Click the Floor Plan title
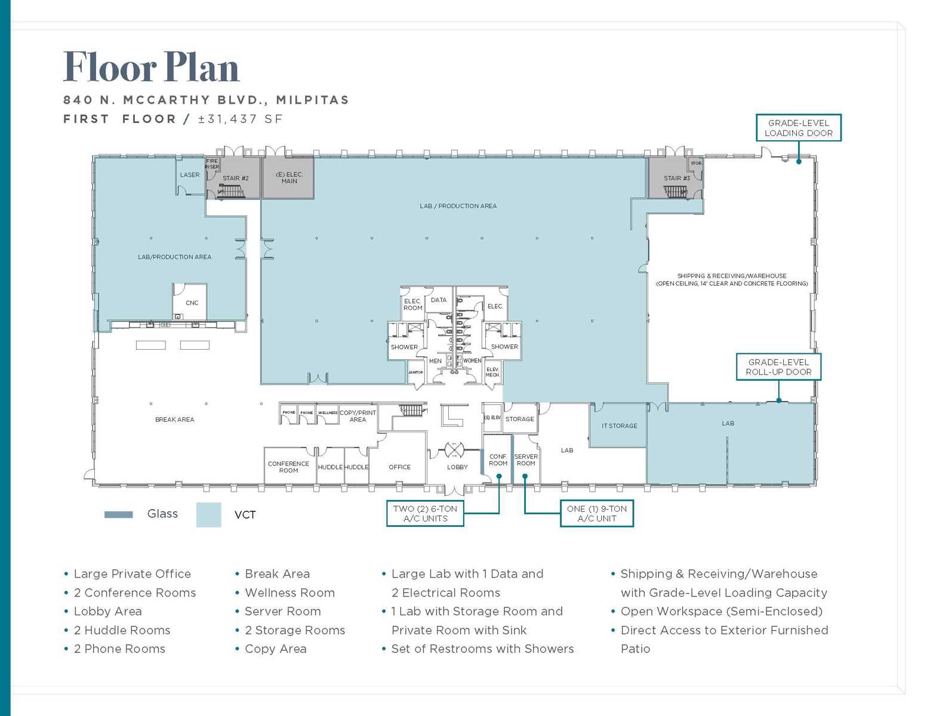tap(151, 67)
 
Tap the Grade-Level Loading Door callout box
tap(798, 128)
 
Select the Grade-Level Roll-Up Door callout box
tap(778, 367)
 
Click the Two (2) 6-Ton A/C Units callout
tap(425, 513)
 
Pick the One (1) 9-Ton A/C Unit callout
tap(596, 513)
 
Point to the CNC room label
tap(192, 303)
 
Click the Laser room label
tap(190, 175)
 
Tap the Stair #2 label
tap(235, 178)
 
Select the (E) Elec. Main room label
tap(289, 178)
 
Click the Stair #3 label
tap(676, 178)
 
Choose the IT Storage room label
tap(619, 425)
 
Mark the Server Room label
tap(526, 459)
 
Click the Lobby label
tap(457, 467)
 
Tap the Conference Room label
tap(288, 467)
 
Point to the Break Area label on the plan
tap(174, 419)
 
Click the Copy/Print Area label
tap(358, 416)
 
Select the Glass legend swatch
tap(118, 514)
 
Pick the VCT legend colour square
tap(208, 514)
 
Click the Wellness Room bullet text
tap(290, 592)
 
